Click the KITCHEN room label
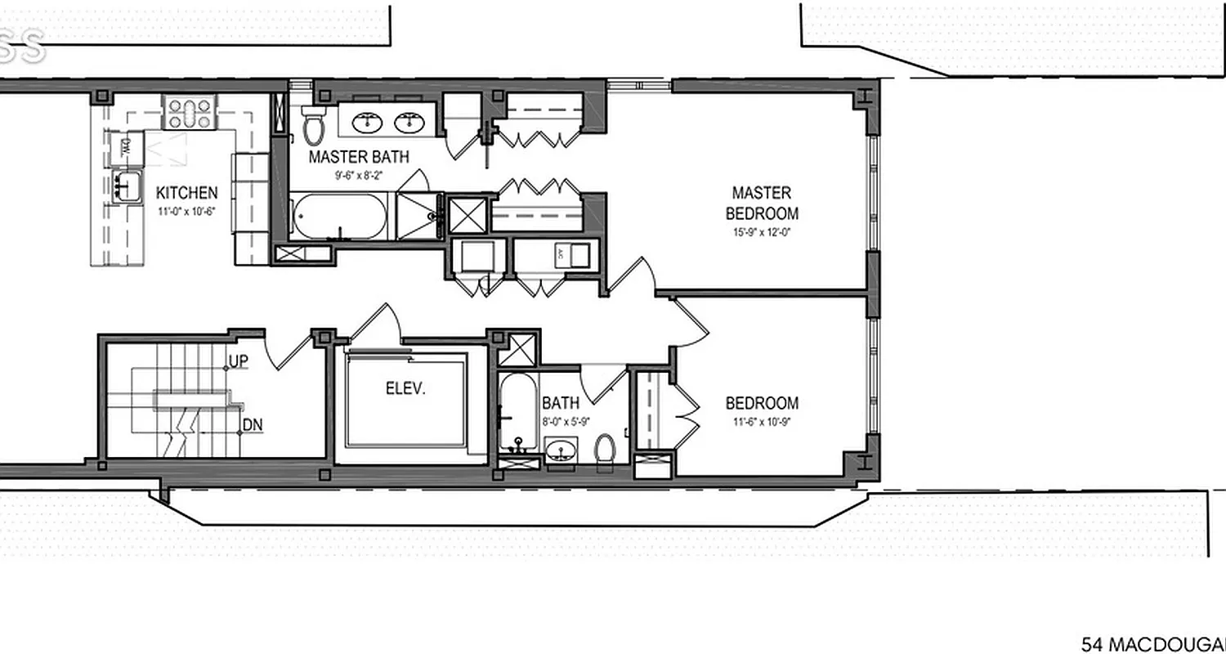(x=186, y=193)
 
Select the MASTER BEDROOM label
(x=761, y=204)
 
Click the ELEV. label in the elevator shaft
(x=405, y=388)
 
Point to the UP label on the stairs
(x=238, y=361)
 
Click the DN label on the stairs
(x=252, y=425)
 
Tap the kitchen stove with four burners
(x=190, y=113)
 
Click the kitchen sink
(x=125, y=185)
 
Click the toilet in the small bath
(x=605, y=451)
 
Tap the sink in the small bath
(x=562, y=450)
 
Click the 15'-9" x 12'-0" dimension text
(x=761, y=232)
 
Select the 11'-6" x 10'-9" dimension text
(x=762, y=422)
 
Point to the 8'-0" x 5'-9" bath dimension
(x=561, y=420)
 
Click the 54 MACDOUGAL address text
(x=1152, y=644)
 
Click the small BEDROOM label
(x=762, y=403)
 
